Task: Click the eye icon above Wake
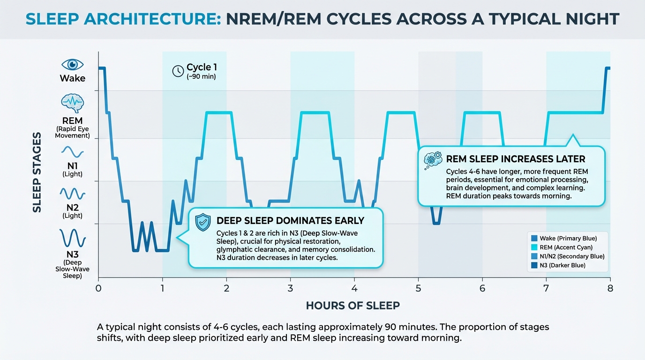(x=72, y=65)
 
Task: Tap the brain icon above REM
(x=72, y=102)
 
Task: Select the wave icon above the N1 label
(x=72, y=152)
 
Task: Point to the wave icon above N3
(x=72, y=238)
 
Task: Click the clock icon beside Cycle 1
(x=178, y=71)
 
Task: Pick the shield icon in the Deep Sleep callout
(x=202, y=222)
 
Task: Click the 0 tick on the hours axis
(x=98, y=288)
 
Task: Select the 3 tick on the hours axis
(x=290, y=288)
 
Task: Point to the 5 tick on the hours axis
(x=418, y=288)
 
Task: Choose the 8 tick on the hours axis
(x=610, y=288)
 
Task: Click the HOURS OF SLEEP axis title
(x=353, y=306)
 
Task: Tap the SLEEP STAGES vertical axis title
(x=37, y=172)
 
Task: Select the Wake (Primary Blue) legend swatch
(x=534, y=239)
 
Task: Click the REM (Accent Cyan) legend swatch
(x=534, y=247)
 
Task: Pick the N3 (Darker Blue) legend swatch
(x=534, y=265)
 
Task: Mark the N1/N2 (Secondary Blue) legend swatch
(x=534, y=256)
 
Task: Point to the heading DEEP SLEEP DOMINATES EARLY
(x=290, y=221)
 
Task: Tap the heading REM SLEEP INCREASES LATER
(x=516, y=159)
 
